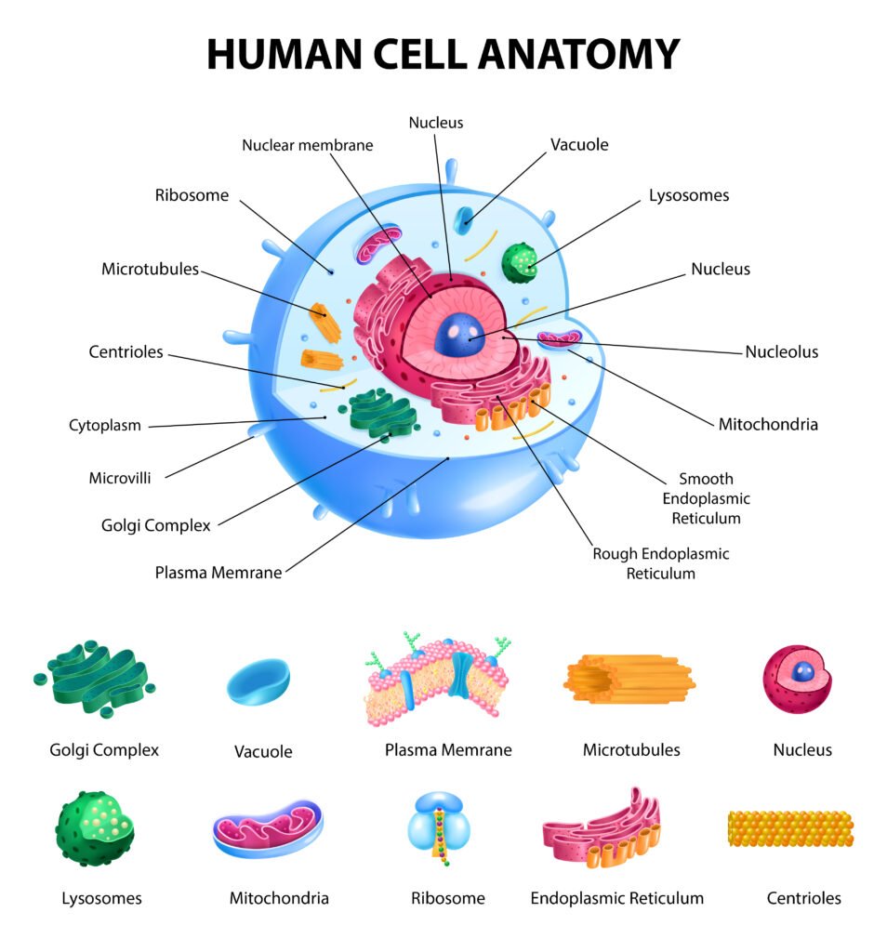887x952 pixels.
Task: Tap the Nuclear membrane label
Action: [307, 145]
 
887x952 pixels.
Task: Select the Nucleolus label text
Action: [781, 352]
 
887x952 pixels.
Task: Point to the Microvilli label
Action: [120, 479]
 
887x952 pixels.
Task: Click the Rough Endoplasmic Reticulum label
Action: [661, 563]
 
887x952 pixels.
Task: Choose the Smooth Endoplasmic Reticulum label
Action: [706, 498]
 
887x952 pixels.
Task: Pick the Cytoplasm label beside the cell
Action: [105, 426]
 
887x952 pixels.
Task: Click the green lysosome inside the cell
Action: [520, 262]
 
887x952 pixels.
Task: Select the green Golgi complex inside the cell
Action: [382, 414]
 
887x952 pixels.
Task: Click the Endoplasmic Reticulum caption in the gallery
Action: [616, 898]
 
